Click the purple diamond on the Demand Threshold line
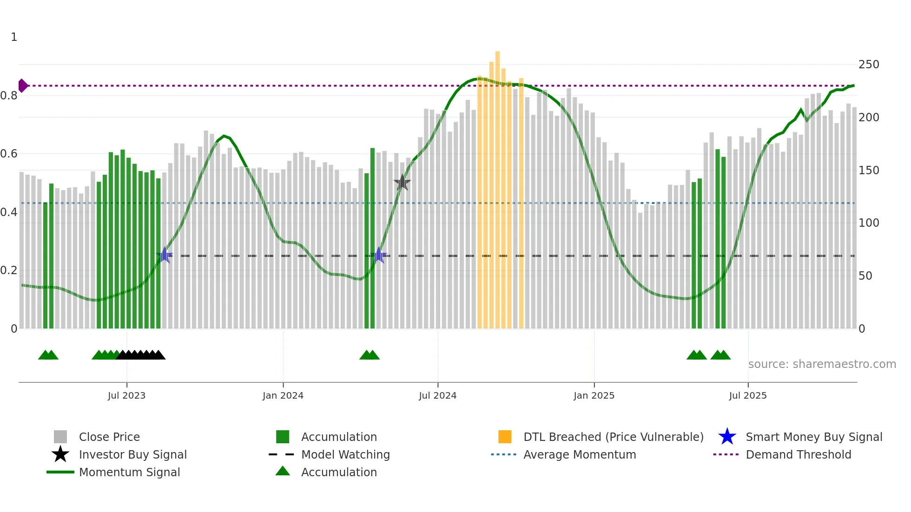click(x=22, y=85)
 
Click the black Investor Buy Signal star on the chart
click(x=402, y=183)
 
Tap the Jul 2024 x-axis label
click(x=437, y=395)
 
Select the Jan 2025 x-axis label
click(x=594, y=395)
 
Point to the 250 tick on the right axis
click(x=868, y=65)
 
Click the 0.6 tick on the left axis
click(x=9, y=154)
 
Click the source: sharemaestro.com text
click(x=822, y=364)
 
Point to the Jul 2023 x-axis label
click(x=126, y=395)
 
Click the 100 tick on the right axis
click(x=868, y=223)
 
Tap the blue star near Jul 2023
click(x=164, y=256)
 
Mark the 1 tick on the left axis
click(x=14, y=37)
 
